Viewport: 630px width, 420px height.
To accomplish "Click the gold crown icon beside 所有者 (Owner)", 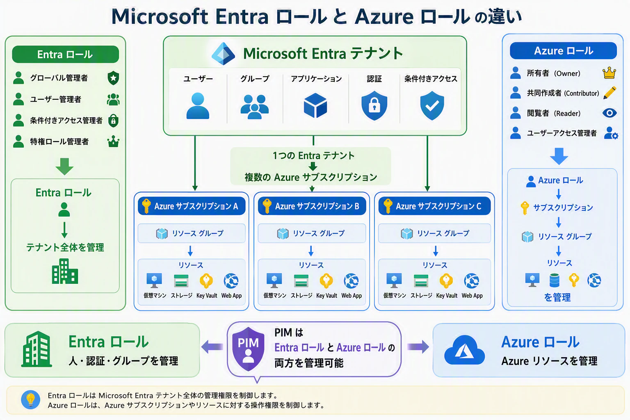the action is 609,73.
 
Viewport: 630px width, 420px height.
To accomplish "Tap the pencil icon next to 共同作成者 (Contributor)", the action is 610,93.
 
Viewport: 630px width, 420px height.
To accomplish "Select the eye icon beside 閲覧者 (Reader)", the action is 609,113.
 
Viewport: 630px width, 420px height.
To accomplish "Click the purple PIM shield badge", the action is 248,349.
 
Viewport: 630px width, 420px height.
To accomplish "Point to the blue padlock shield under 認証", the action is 374,105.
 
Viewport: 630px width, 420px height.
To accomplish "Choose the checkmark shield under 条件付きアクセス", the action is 432,105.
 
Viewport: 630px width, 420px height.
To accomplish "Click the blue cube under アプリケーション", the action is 315,105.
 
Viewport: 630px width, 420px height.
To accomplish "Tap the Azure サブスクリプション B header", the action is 312,206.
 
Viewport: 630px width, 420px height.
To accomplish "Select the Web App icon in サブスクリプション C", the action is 472,281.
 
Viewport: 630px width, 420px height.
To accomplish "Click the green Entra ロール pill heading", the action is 65,54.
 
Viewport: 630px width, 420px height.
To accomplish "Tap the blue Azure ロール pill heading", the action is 563,50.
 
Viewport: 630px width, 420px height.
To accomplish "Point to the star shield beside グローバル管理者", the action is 113,78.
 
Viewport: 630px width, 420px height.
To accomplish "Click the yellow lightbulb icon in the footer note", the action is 31,399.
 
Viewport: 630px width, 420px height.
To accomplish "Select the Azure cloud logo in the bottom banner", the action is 464,350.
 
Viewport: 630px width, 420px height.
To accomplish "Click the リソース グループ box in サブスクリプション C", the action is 434,233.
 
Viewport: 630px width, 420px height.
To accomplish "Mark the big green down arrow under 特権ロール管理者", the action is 64,167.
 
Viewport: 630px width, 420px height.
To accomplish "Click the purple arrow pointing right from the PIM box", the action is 418,347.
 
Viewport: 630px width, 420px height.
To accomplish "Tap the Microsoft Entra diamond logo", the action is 223,54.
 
